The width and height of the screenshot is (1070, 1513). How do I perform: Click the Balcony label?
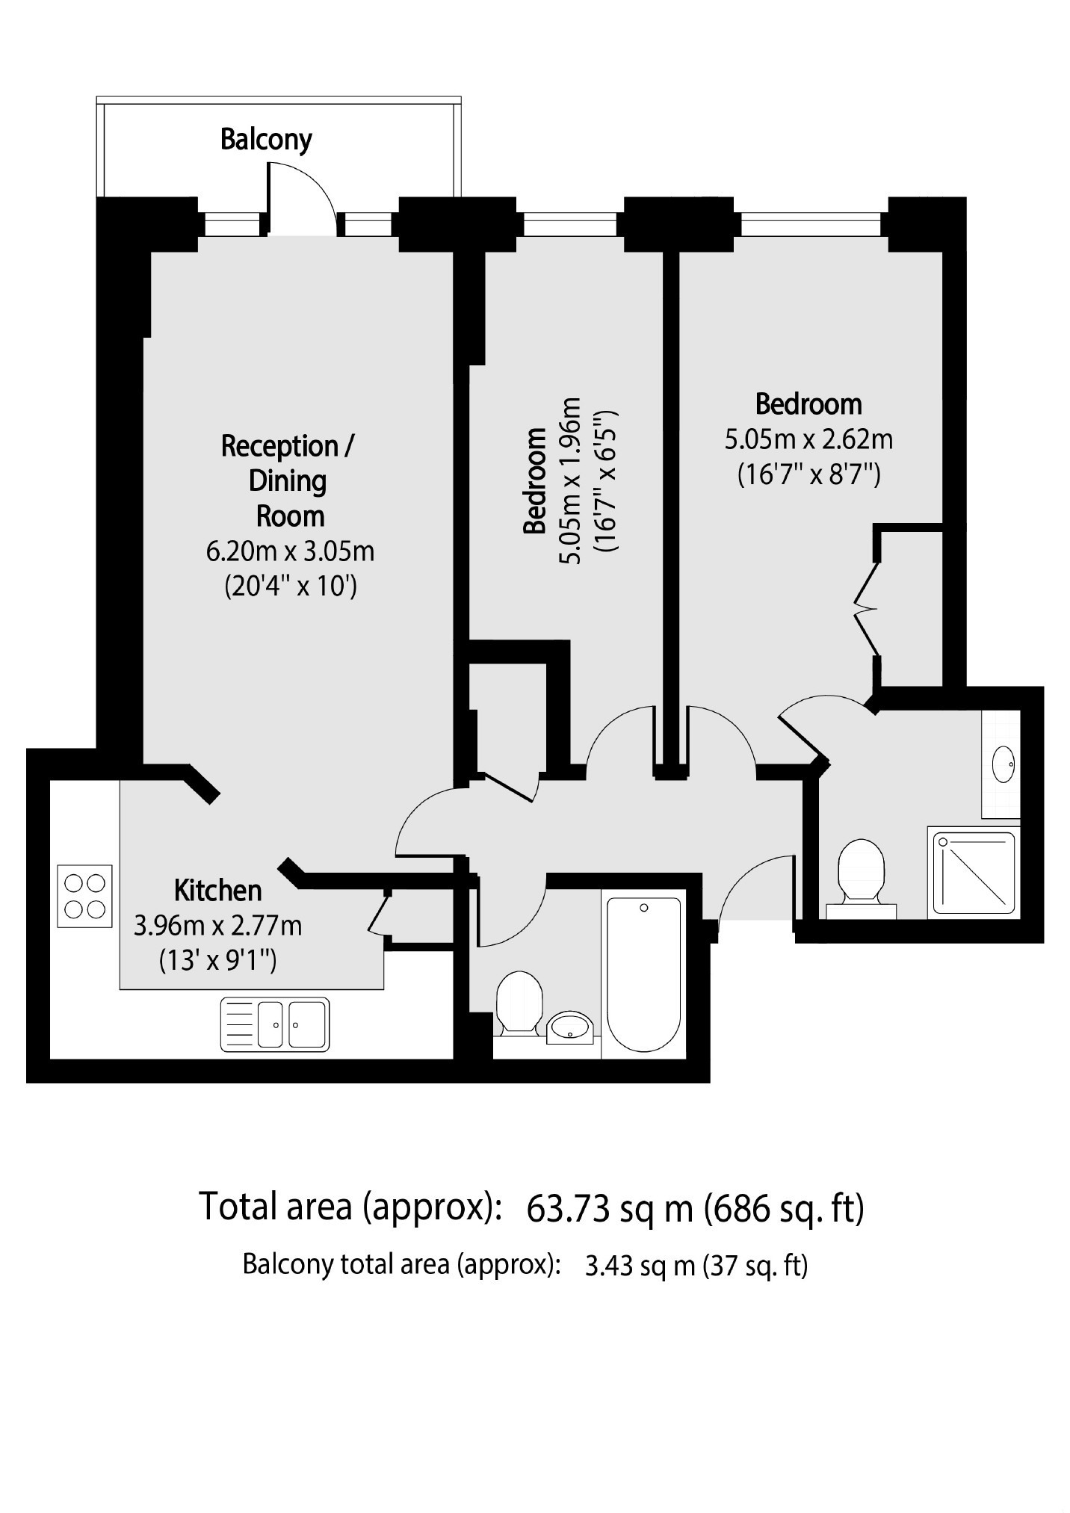[x=266, y=140]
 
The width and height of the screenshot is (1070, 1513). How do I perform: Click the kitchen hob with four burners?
[x=84, y=896]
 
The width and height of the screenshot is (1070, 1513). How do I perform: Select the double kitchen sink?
[x=274, y=1024]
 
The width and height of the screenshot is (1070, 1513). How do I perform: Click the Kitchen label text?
[x=218, y=891]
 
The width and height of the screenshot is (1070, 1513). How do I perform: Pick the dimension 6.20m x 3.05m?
[x=290, y=551]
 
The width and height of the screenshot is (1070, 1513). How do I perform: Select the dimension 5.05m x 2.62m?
[x=808, y=439]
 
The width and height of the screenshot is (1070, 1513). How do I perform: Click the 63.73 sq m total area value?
[x=610, y=1208]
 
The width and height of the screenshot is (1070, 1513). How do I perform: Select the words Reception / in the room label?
[x=288, y=446]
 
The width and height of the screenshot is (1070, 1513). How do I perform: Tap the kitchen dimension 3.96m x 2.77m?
[x=218, y=926]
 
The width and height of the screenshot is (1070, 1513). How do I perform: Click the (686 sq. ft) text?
[x=784, y=1209]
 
